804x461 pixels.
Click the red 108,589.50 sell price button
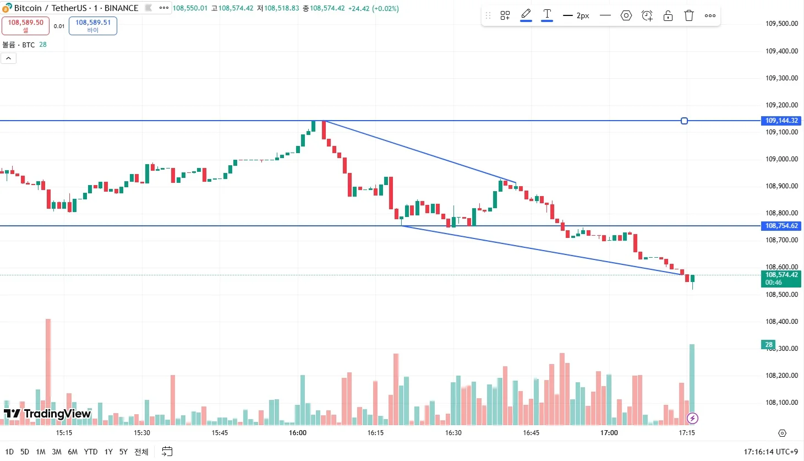coord(25,25)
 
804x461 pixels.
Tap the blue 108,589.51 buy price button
coord(93,25)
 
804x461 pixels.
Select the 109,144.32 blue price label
coord(781,121)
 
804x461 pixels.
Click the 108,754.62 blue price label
coord(781,226)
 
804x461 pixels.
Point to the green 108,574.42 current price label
coord(781,278)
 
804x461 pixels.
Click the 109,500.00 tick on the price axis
coord(781,24)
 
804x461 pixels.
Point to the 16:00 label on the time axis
coord(298,433)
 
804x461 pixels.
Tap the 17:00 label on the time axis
coord(609,433)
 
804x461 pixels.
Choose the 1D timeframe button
coord(9,452)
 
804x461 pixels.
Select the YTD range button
coord(91,452)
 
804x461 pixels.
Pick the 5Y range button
coord(123,452)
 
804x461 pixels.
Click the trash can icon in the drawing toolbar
coord(689,15)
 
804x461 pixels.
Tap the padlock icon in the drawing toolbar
coord(668,15)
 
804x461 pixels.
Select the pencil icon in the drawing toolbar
coord(526,14)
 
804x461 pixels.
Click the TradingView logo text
coord(57,414)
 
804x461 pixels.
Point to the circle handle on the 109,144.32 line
coord(684,121)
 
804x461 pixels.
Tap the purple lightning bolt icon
coord(692,419)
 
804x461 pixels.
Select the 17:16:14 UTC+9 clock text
coord(770,452)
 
